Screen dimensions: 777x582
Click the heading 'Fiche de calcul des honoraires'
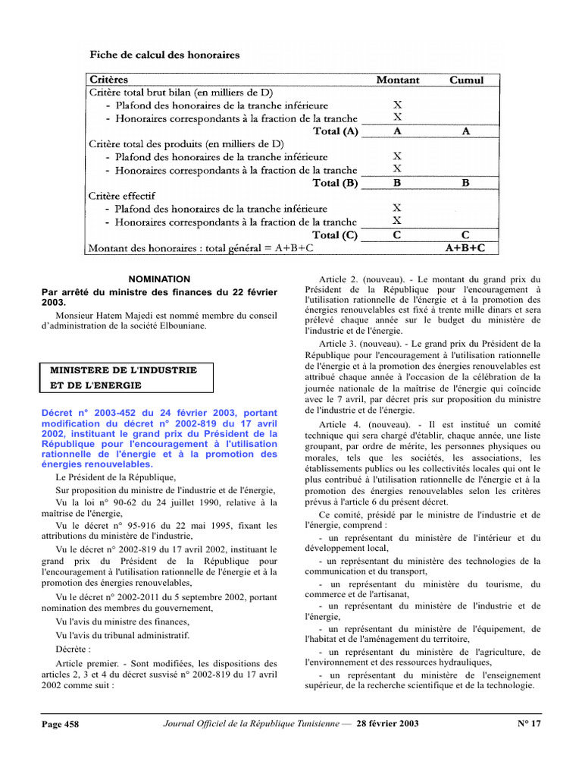[x=165, y=55]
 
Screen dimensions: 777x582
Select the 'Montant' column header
[x=398, y=80]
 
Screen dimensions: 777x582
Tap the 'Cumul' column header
[x=466, y=80]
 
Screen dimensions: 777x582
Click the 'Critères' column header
[x=109, y=80]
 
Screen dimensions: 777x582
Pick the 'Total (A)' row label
[x=336, y=131]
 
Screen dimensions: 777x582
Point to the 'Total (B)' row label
[x=336, y=183]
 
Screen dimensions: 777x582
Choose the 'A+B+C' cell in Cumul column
[x=465, y=247]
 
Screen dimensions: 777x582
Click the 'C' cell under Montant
[x=397, y=234]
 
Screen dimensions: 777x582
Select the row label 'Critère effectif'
[x=122, y=195]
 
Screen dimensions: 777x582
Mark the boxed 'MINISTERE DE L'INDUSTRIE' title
[x=124, y=370]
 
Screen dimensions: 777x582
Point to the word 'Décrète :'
[x=73, y=650]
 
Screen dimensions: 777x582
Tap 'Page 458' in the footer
[x=60, y=724]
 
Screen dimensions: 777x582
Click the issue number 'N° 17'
[x=529, y=723]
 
